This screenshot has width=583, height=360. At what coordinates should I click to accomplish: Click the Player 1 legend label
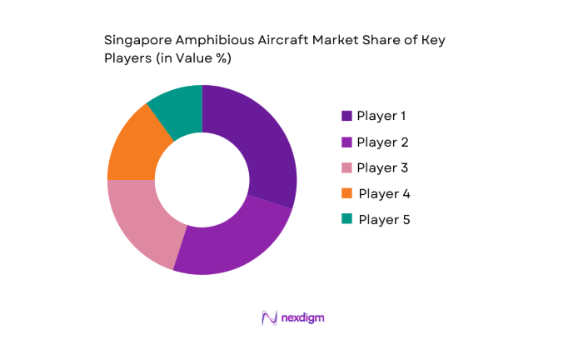pos(382,116)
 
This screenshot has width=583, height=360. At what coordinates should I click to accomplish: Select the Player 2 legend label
pos(382,142)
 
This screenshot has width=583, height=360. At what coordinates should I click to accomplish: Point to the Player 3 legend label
pos(382,167)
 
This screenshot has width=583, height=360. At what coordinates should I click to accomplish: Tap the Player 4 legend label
pos(384,193)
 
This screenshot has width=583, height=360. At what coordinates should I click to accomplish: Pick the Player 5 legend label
pos(384,219)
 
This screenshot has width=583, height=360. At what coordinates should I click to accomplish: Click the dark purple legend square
pos(346,116)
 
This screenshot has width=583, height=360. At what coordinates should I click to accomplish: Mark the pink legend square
pos(346,167)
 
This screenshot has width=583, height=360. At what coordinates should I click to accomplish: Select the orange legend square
pos(346,193)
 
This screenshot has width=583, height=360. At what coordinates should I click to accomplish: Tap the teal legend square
pos(346,219)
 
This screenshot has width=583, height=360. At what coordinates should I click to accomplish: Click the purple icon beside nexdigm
pos(268,317)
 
